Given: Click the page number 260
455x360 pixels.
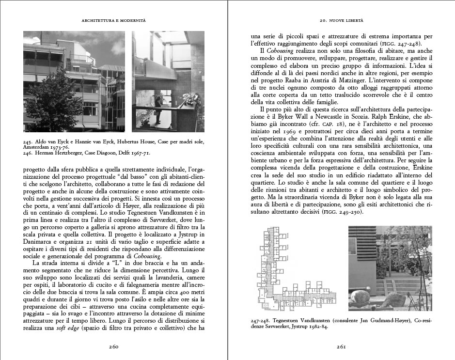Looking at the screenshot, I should click(x=113, y=346).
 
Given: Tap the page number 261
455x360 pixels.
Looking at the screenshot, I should click(x=341, y=346).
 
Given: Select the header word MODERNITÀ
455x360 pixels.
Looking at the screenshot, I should click(x=134, y=20).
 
